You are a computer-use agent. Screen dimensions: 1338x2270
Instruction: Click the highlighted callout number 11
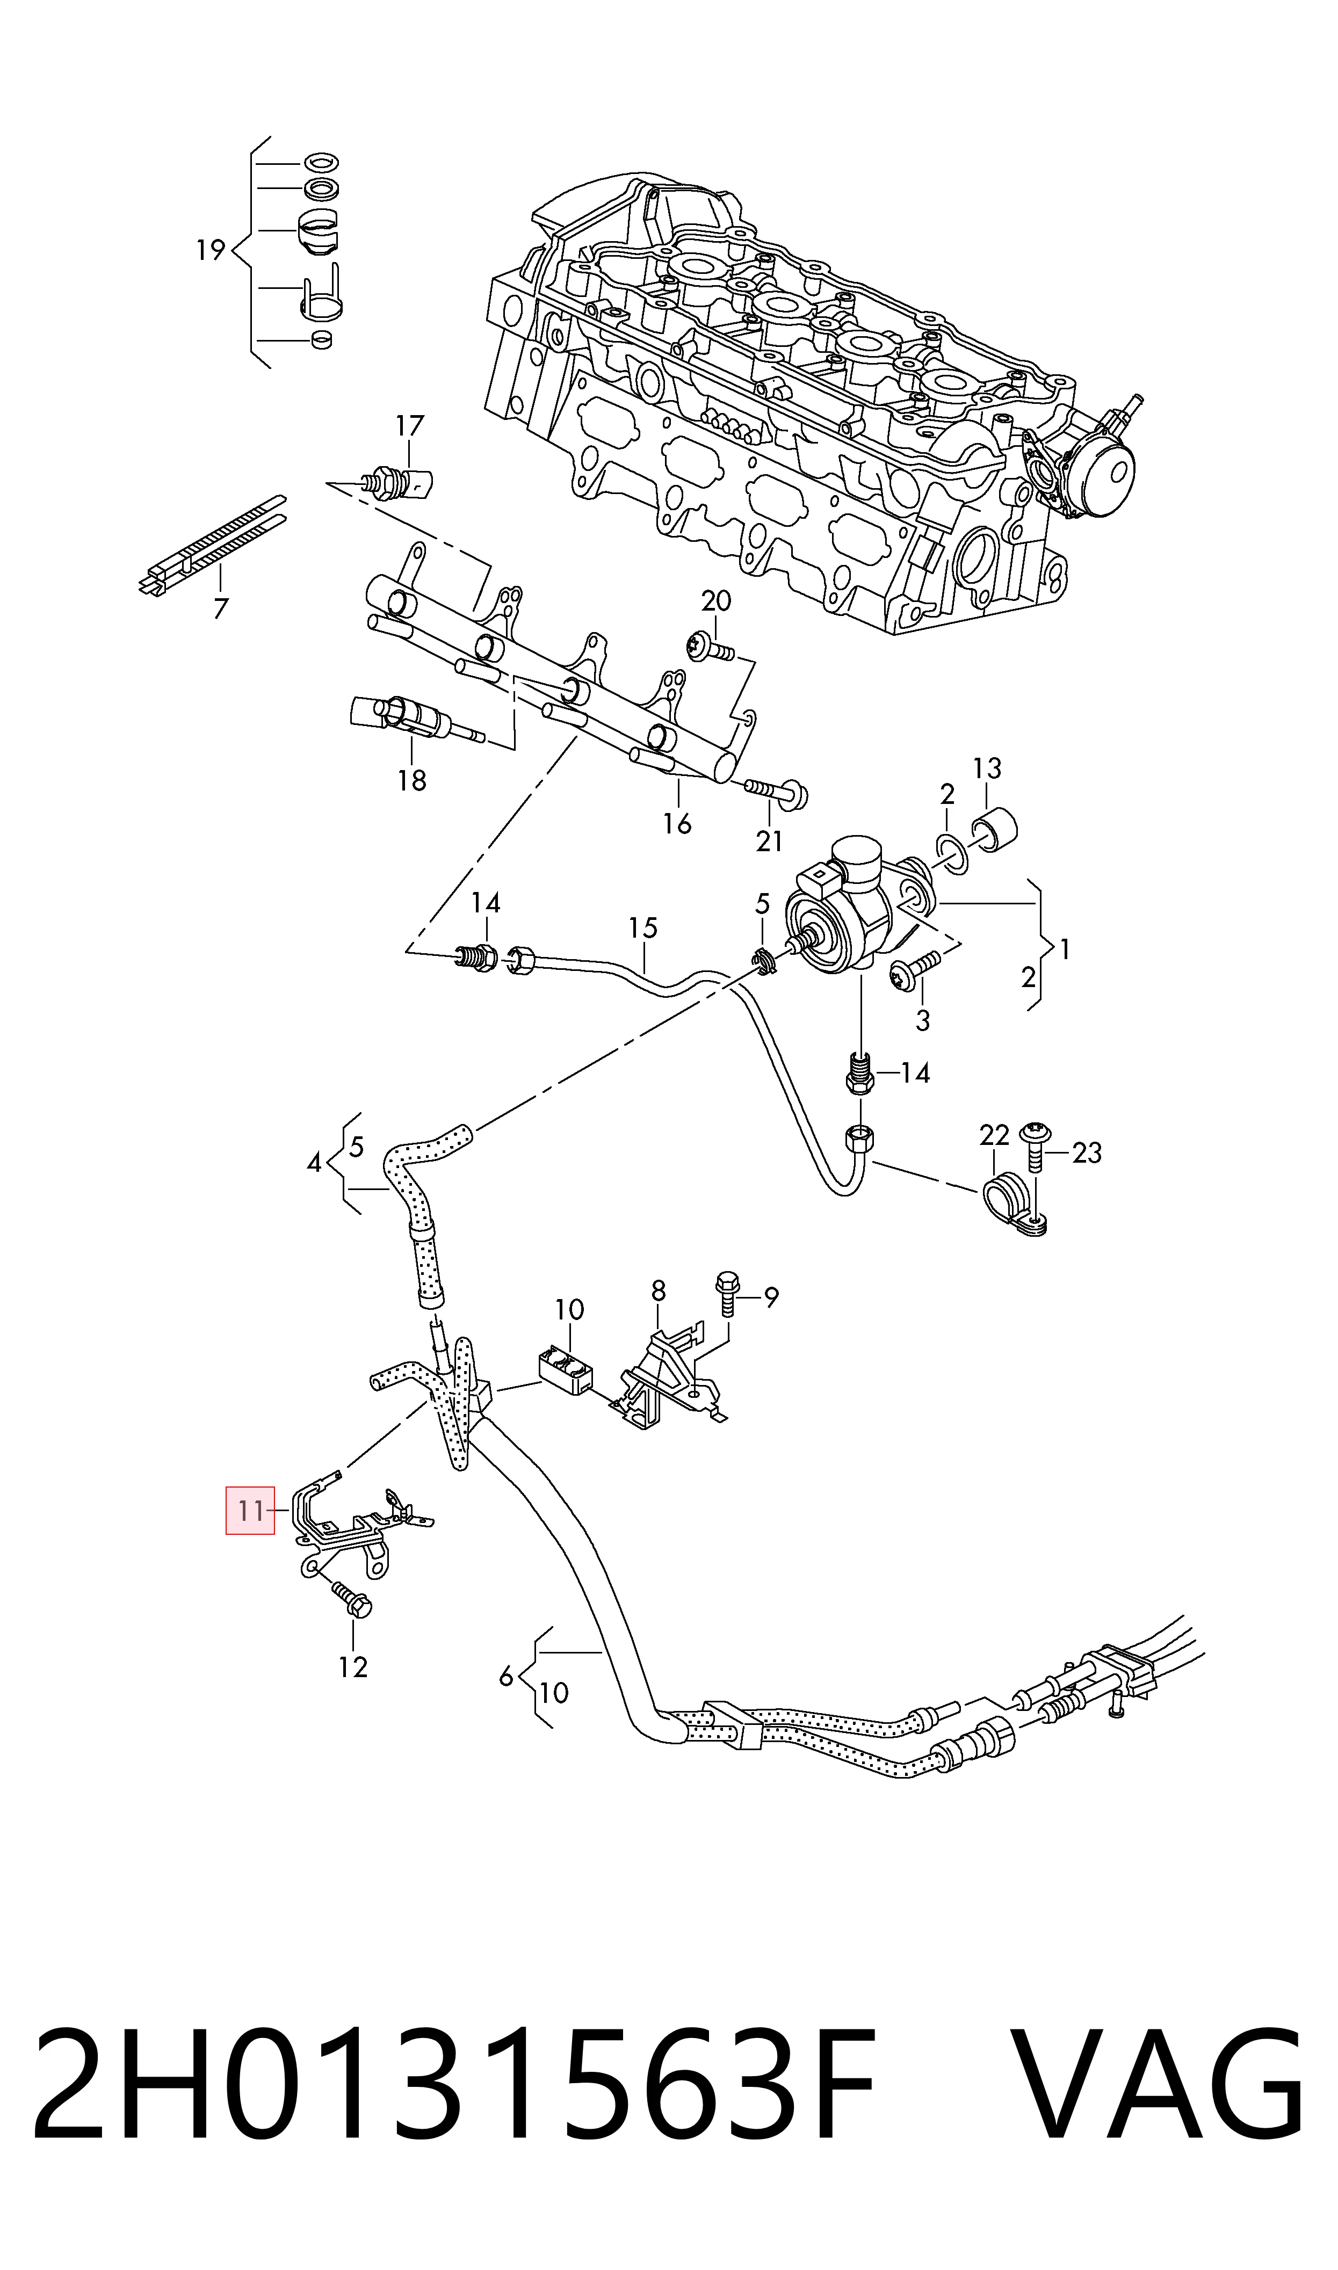pos(250,1510)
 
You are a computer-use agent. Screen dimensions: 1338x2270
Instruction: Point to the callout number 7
pos(221,609)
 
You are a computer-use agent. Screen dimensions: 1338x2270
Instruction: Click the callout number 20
pos(716,600)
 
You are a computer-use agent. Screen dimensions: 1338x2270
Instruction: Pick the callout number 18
pos(412,780)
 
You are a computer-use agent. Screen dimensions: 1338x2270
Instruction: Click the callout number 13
pos(987,768)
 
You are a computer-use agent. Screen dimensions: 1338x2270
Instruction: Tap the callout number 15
pos(643,927)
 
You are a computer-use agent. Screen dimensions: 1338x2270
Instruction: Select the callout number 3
pos(922,1021)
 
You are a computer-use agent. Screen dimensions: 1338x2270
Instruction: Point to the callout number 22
pos(994,1135)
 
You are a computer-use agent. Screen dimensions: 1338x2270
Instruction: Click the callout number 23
pos(1087,1152)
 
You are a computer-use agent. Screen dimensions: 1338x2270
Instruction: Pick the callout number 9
pos(771,1297)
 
